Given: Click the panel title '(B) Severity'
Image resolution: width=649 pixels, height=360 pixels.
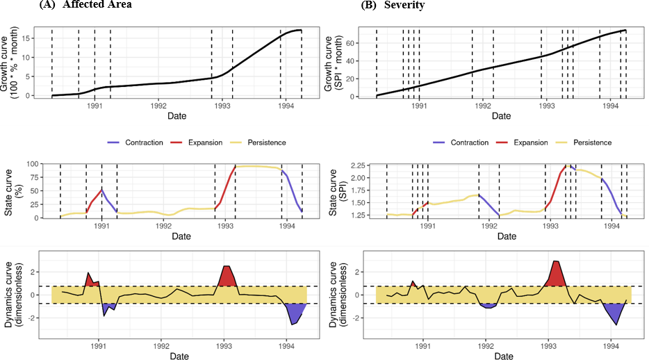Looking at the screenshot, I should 402,6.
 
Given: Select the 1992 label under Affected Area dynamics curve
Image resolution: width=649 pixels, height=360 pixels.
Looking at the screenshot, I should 162,345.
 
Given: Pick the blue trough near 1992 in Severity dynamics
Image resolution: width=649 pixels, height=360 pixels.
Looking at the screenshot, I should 486,305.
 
